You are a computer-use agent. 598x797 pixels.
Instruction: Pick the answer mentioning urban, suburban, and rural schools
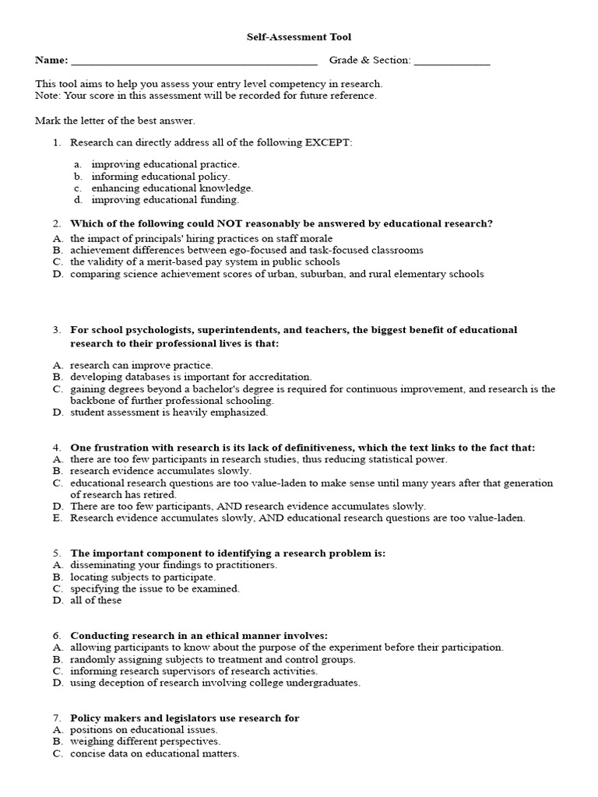click(x=276, y=273)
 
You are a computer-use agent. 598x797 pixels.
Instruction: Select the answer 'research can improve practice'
click(x=141, y=364)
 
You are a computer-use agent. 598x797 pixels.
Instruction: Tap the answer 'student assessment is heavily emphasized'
click(x=169, y=412)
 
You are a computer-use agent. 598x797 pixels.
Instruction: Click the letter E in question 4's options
click(x=57, y=518)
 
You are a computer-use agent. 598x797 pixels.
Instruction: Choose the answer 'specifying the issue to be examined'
click(x=155, y=588)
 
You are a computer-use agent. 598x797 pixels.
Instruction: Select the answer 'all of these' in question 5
click(x=96, y=600)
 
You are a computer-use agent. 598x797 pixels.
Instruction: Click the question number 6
click(x=57, y=635)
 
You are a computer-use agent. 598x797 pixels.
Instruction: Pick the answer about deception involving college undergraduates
click(x=215, y=683)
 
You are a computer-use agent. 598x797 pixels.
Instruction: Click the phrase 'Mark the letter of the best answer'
click(x=115, y=121)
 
